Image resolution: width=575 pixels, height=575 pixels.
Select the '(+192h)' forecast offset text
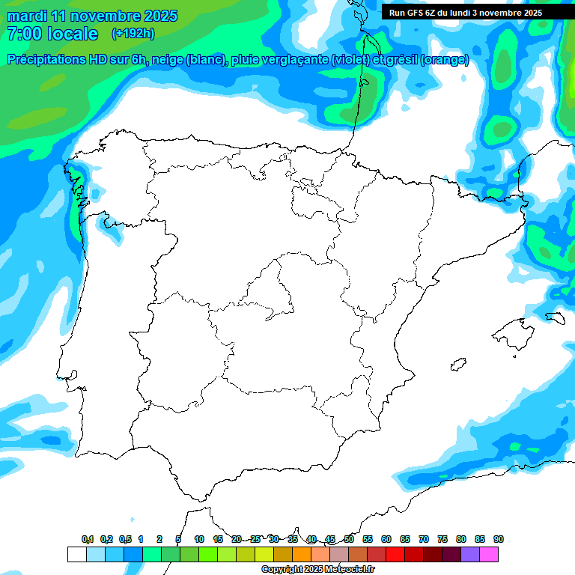tap(133, 34)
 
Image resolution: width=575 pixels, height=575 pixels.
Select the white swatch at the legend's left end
tap(76, 555)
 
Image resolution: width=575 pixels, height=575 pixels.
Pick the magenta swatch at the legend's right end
tap(489, 555)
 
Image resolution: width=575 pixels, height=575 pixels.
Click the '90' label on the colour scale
tap(499, 539)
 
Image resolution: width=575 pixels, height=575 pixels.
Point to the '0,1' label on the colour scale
tap(87, 539)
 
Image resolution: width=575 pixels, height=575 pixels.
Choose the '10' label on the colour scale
tap(199, 539)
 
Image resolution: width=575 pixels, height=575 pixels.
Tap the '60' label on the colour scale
tap(386, 539)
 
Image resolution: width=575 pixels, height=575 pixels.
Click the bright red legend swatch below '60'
tap(395, 555)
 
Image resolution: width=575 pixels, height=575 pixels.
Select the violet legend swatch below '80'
tap(470, 555)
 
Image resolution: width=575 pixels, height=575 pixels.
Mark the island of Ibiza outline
tap(459, 365)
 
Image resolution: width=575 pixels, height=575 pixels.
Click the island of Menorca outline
tap(555, 317)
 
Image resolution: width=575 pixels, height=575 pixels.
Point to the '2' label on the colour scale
tap(159, 539)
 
